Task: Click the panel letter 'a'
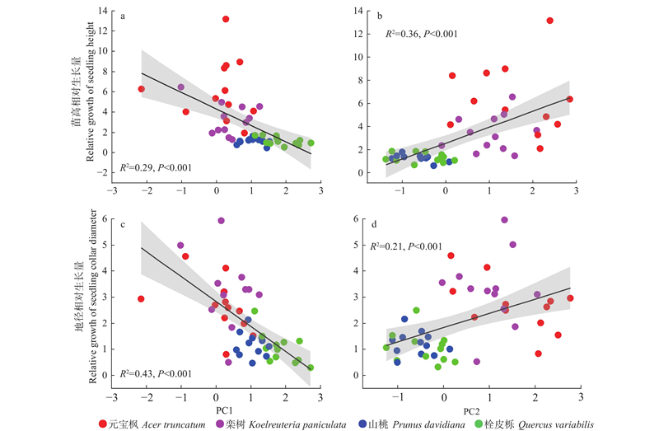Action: click(x=124, y=16)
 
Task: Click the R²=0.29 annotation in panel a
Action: click(x=156, y=168)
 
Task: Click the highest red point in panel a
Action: click(x=226, y=19)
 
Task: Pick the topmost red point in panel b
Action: click(x=549, y=21)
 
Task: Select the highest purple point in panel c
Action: click(x=221, y=221)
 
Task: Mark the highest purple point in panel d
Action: click(x=505, y=220)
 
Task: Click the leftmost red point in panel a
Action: click(x=141, y=89)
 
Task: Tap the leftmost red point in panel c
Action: click(x=141, y=299)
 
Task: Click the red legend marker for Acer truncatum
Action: click(x=103, y=424)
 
